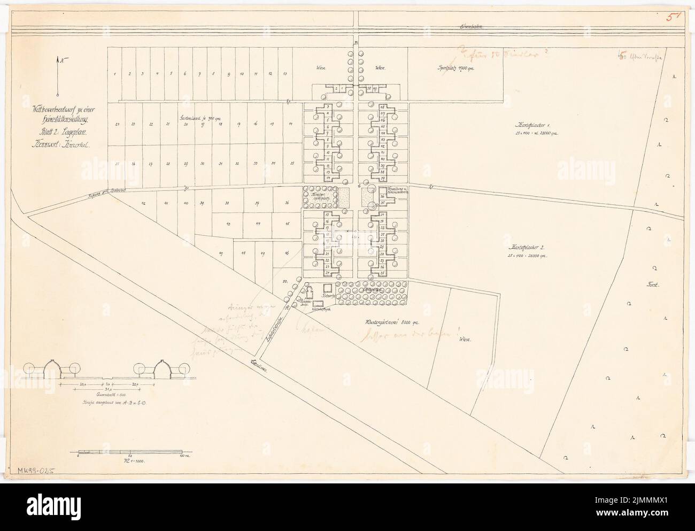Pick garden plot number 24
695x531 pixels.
point(117,124)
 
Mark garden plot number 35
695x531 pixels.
point(291,163)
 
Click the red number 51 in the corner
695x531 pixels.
point(672,17)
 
